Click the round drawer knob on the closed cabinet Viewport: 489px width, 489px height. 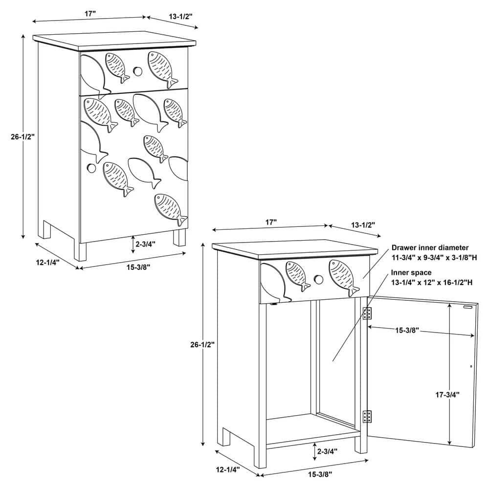coord(137,71)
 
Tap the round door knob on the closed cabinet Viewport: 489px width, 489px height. coord(91,168)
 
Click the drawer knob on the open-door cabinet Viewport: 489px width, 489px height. coord(318,279)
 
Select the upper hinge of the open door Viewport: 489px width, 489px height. coord(367,313)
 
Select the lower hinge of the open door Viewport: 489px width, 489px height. coord(367,417)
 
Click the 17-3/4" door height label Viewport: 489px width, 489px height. coord(447,395)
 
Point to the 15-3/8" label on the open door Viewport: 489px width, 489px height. coord(407,330)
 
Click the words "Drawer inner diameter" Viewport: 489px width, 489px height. coord(430,247)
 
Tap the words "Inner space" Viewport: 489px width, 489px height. coord(411,272)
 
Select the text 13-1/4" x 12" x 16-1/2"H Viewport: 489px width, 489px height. coord(432,283)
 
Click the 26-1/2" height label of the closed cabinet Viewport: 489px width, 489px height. coord(22,136)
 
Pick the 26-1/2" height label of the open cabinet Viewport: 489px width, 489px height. coord(202,345)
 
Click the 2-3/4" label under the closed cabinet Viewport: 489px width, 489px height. coord(145,244)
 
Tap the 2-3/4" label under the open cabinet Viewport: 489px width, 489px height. coord(327,451)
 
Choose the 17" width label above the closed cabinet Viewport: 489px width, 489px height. coord(90,14)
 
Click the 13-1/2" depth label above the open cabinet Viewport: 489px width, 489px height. coord(363,224)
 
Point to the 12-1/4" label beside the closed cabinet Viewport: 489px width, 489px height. coord(48,262)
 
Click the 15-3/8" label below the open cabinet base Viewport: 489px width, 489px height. coord(320,474)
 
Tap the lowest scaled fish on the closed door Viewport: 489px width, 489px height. coord(171,209)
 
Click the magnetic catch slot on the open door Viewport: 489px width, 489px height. coord(467,307)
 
